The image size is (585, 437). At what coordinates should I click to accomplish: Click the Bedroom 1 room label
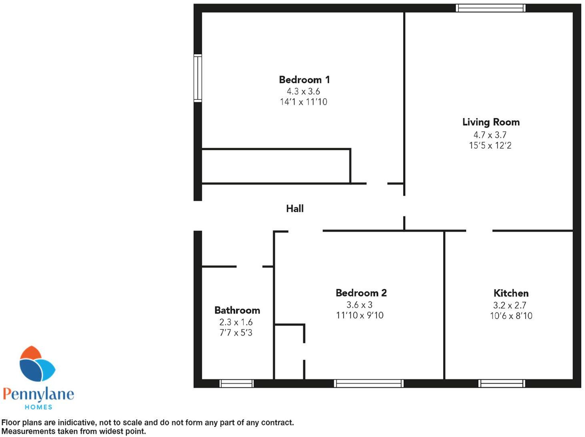tap(304, 80)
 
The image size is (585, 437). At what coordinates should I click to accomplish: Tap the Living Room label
tap(491, 122)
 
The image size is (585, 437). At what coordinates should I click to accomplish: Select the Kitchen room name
tap(511, 293)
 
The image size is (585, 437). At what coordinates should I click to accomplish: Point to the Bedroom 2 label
tap(361, 293)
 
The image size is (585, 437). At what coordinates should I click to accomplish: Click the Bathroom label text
tap(237, 310)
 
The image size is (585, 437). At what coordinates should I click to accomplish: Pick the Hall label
tap(295, 209)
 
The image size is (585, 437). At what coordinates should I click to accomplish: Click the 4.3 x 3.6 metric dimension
tap(303, 91)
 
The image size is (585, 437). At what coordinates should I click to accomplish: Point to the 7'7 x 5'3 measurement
tap(236, 333)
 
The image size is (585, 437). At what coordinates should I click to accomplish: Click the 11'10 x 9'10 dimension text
tap(359, 316)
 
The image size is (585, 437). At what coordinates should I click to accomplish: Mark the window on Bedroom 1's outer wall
tap(198, 78)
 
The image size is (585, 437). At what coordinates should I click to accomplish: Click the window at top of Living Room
tap(491, 8)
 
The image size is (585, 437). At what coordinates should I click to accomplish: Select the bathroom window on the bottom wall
tap(236, 384)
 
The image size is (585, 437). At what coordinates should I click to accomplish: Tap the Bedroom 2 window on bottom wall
tap(369, 384)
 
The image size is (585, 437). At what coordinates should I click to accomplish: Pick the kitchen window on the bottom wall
tap(501, 384)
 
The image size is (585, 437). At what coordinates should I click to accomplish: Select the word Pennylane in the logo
tap(38, 394)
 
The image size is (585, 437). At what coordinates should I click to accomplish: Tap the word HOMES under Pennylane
tap(38, 407)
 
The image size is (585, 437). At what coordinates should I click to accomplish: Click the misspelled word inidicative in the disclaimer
tap(77, 423)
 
